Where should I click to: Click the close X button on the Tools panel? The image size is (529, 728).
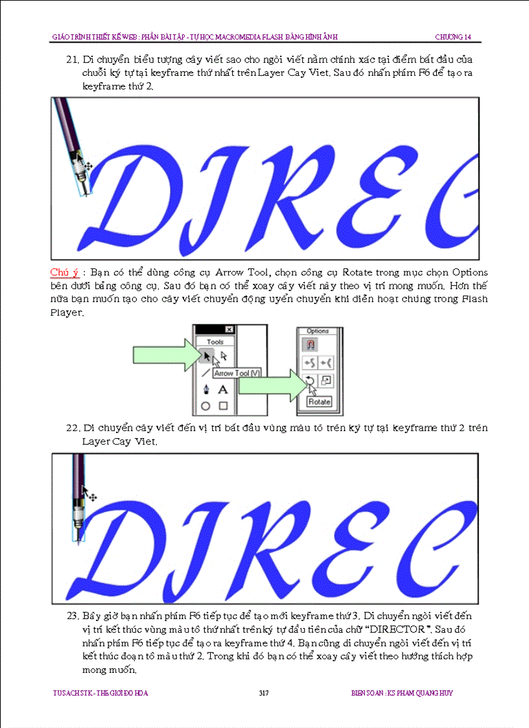(x=229, y=329)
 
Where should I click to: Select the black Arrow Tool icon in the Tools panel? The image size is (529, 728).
(x=207, y=357)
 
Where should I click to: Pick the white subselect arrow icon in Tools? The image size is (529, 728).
(x=224, y=356)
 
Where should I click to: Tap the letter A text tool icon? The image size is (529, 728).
(x=223, y=390)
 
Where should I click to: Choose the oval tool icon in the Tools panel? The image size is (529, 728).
(x=206, y=406)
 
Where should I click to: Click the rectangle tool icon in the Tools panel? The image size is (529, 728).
(x=224, y=406)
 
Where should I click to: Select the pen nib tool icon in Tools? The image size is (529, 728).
(x=206, y=389)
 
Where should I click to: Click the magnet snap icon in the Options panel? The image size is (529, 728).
(x=311, y=344)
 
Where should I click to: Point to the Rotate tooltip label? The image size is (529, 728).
(x=319, y=402)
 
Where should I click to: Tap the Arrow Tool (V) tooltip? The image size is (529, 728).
(x=237, y=373)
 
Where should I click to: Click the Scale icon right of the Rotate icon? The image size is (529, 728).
(x=326, y=381)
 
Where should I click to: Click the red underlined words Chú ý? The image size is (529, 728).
(x=64, y=272)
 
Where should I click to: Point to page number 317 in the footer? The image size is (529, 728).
(x=264, y=693)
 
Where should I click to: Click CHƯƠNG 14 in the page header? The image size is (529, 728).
(x=453, y=37)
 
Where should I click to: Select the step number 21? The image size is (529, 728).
(x=73, y=60)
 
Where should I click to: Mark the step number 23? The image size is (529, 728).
(x=73, y=616)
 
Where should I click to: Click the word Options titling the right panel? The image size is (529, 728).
(x=318, y=331)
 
